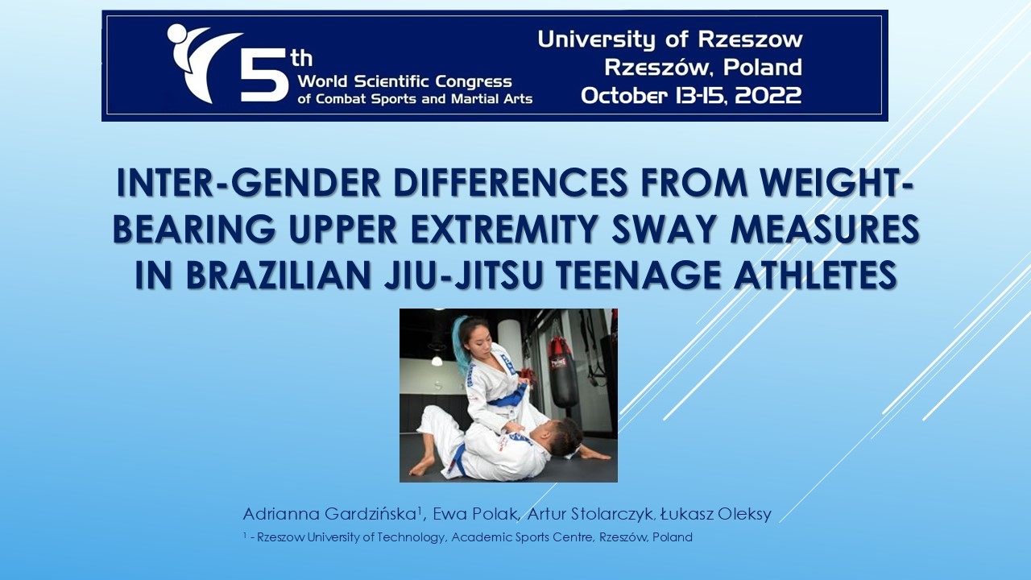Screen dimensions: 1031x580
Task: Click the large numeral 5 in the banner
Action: pyautogui.click(x=263, y=76)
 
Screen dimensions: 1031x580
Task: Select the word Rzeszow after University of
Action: pyautogui.click(x=750, y=39)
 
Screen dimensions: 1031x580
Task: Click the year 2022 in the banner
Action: pyautogui.click(x=768, y=96)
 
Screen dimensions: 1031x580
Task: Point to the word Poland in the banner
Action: pyautogui.click(x=763, y=67)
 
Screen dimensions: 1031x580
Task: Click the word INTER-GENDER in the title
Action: pyautogui.click(x=249, y=183)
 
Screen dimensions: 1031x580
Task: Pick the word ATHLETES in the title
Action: pyautogui.click(x=815, y=275)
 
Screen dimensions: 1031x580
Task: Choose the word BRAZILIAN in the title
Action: pyautogui.click(x=279, y=275)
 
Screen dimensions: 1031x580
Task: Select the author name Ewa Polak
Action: pyautogui.click(x=474, y=514)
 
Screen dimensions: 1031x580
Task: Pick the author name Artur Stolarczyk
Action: pyautogui.click(x=590, y=514)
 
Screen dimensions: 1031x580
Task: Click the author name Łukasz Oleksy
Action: pyautogui.click(x=716, y=514)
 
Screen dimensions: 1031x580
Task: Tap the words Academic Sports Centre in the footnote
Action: pyautogui.click(x=521, y=537)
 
